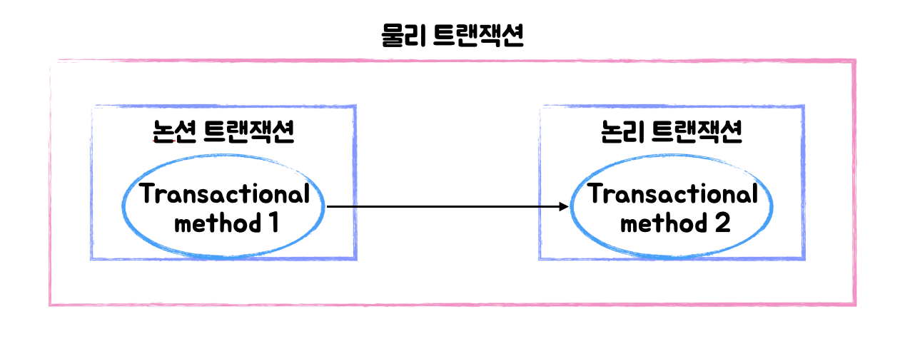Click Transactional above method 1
(224, 194)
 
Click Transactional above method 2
(672, 194)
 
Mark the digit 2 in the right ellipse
(721, 223)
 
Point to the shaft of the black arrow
(443, 207)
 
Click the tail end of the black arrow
(328, 207)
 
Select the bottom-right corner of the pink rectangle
(854, 305)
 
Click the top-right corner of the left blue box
(355, 107)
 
